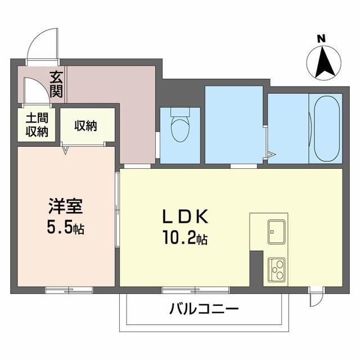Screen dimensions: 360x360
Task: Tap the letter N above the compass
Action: coord(321,39)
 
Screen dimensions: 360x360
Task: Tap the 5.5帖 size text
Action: coord(65,228)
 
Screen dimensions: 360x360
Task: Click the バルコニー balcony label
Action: coord(204,309)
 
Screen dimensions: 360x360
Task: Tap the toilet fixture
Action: coord(180,128)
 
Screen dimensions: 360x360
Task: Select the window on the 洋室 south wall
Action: coord(69,290)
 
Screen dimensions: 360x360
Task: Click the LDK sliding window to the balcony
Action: coord(195,290)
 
